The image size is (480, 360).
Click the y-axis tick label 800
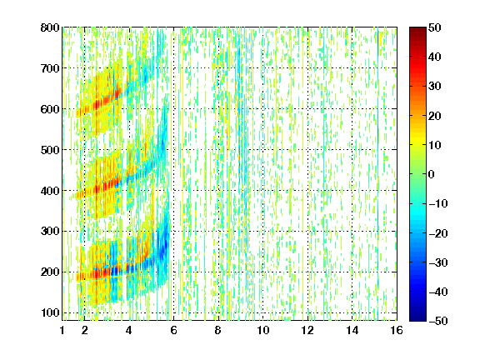(x=50, y=27)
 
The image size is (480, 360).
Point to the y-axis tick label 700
(x=50, y=68)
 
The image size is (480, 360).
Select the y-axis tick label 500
(x=50, y=150)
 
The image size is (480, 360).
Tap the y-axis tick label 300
(x=50, y=232)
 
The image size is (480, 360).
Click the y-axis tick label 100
(x=50, y=312)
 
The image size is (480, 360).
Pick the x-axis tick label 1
(x=62, y=330)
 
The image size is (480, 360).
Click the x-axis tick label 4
(x=129, y=330)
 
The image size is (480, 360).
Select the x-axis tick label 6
(x=173, y=330)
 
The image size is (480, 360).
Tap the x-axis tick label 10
(x=263, y=330)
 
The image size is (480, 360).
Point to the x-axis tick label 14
(x=352, y=330)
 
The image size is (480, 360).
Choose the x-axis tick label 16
(x=397, y=330)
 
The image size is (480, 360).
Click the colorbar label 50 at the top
(x=435, y=27)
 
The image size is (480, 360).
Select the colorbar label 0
(x=432, y=174)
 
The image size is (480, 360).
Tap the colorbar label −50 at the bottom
(x=438, y=321)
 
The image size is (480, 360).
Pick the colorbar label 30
(x=435, y=87)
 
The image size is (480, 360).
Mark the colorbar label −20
(x=438, y=233)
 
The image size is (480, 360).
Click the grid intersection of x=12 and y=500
(x=307, y=150)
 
